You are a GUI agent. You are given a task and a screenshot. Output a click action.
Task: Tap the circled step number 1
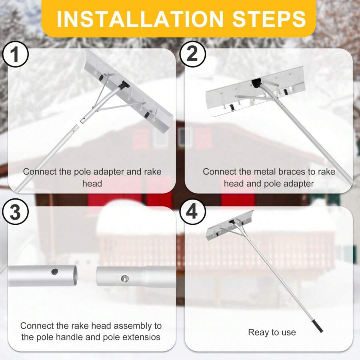click(x=15, y=55)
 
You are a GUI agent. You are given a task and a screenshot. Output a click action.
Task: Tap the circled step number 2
click(x=192, y=55)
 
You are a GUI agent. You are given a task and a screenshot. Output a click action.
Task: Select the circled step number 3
click(x=15, y=213)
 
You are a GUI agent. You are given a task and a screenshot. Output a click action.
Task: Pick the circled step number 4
click(x=192, y=212)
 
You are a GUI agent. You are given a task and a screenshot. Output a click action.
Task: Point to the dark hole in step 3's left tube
click(x=55, y=272)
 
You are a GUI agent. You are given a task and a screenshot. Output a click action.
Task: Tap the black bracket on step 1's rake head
click(x=123, y=85)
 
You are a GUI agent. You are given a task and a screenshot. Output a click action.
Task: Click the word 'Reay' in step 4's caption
click(x=258, y=332)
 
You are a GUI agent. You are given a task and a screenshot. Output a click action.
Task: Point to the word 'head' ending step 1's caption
click(x=92, y=184)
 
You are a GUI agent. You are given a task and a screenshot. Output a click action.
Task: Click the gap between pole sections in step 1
click(x=79, y=124)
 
